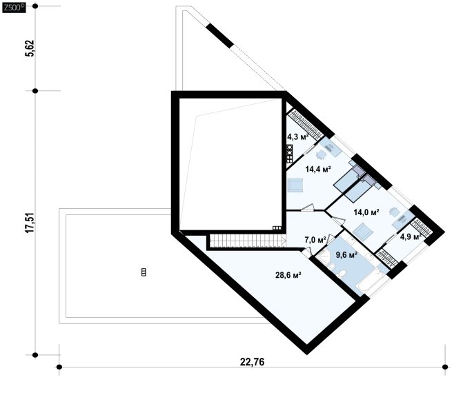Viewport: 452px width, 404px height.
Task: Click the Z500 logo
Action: pyautogui.click(x=14, y=8)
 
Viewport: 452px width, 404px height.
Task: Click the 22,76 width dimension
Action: pyautogui.click(x=252, y=362)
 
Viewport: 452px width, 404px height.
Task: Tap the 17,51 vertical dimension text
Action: pyautogui.click(x=30, y=223)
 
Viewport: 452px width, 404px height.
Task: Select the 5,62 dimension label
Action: pyautogui.click(x=30, y=48)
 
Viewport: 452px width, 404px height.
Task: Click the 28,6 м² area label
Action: pyautogui.click(x=288, y=275)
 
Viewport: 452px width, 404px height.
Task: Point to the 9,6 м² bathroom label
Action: pyautogui.click(x=346, y=255)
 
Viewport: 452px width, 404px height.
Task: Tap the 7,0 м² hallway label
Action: pyautogui.click(x=315, y=240)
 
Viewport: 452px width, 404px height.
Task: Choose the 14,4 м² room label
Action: pyautogui.click(x=318, y=169)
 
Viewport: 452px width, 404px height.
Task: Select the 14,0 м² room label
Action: pyautogui.click(x=366, y=212)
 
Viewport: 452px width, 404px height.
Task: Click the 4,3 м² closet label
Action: pyautogui.click(x=298, y=137)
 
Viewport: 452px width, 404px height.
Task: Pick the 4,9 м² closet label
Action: pyautogui.click(x=411, y=236)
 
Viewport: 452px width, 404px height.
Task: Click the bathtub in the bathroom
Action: pyautogui.click(x=370, y=280)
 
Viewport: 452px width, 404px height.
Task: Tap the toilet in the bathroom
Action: pyautogui.click(x=342, y=273)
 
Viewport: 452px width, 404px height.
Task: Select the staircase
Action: pyautogui.click(x=248, y=241)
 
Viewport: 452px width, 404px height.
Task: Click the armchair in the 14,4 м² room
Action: pyautogui.click(x=295, y=185)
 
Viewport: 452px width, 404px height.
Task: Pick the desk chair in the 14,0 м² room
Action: pyautogui.click(x=393, y=212)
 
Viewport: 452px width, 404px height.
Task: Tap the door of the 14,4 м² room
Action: pyautogui.click(x=308, y=208)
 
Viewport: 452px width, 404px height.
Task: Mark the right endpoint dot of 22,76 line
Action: pyautogui.click(x=444, y=367)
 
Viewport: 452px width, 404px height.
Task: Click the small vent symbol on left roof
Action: pyautogui.click(x=144, y=272)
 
